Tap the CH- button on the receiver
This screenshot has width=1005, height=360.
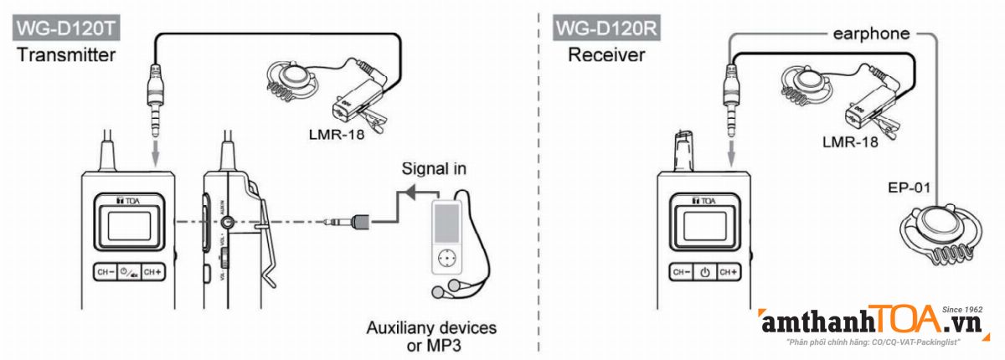(x=681, y=271)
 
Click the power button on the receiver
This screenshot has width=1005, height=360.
(x=705, y=271)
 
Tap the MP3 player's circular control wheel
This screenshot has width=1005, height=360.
(x=450, y=257)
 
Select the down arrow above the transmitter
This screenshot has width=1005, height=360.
(x=155, y=154)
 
